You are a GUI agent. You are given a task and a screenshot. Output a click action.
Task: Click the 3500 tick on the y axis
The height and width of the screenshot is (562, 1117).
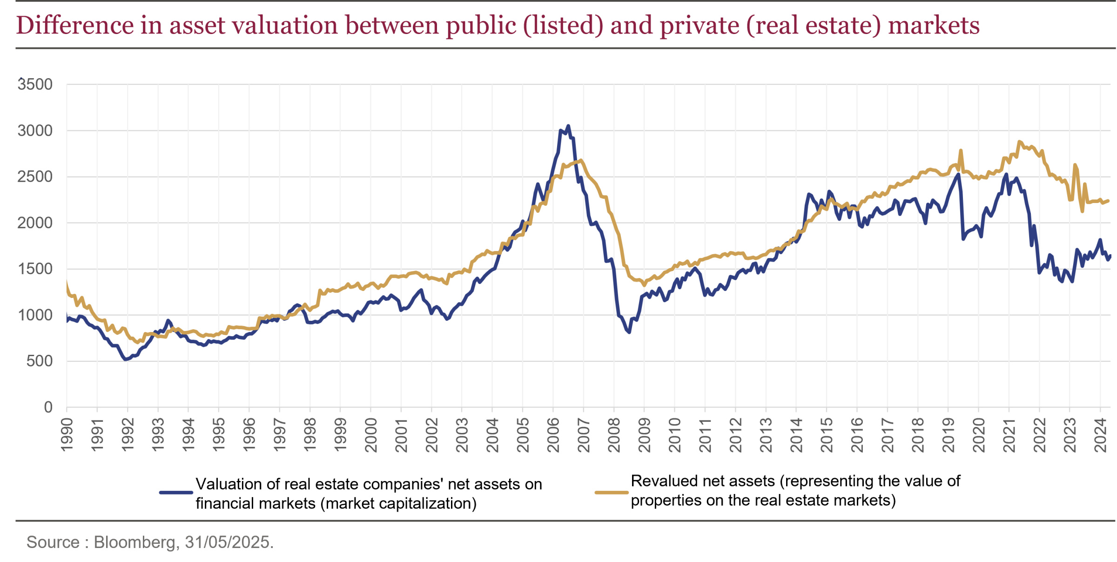(35, 85)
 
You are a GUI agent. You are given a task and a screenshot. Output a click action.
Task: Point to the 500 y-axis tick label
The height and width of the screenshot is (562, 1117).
(40, 361)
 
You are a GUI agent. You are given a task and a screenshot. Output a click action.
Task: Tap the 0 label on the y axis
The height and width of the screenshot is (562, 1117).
(48, 408)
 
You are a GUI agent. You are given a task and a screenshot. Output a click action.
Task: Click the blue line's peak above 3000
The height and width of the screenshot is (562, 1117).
(568, 126)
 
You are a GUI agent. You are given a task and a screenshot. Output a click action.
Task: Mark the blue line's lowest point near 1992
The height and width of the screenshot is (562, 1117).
(126, 359)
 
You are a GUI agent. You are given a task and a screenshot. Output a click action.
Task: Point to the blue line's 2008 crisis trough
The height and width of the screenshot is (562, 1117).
(629, 332)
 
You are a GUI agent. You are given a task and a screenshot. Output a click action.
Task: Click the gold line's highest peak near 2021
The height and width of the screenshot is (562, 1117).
(1019, 142)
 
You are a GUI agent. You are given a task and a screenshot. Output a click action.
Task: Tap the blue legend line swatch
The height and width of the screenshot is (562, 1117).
(176, 493)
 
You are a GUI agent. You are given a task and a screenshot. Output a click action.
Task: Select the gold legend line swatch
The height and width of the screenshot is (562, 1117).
(612, 493)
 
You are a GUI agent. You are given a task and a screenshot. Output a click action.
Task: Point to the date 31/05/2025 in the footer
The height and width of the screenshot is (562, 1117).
(229, 542)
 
